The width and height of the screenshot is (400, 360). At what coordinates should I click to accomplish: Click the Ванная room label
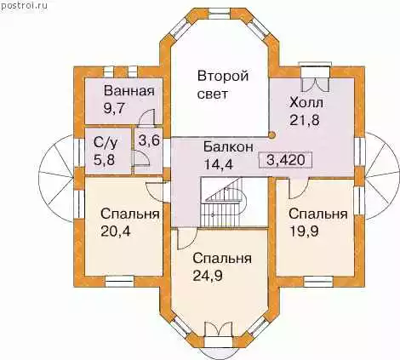[x=129, y=91]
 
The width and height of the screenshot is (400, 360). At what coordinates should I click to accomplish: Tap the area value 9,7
[x=114, y=108]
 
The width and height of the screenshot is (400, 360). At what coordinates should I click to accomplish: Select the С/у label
[x=105, y=144]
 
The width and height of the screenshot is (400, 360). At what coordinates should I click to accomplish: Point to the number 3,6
[x=149, y=140]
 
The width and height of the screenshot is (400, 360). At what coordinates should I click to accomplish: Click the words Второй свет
[x=223, y=85]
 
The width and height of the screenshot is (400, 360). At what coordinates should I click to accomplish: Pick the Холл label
[x=306, y=103]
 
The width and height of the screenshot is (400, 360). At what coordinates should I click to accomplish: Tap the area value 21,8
[x=305, y=120]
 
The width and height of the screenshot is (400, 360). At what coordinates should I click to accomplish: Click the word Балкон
[x=228, y=147]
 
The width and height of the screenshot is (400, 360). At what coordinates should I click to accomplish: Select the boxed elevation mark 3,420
[x=285, y=160]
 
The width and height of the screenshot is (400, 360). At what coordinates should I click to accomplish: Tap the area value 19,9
[x=304, y=231]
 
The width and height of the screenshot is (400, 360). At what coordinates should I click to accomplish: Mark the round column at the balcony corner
[x=271, y=135]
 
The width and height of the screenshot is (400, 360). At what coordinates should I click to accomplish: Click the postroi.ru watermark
[x=24, y=6]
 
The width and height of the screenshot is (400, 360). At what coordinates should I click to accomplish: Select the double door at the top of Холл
[x=316, y=80]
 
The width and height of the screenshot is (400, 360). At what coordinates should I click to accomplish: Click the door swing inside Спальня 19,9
[x=299, y=188]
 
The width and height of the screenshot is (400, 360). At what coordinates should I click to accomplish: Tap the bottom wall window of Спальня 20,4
[x=119, y=282]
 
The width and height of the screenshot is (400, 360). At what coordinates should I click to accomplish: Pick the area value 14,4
[x=219, y=164]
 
